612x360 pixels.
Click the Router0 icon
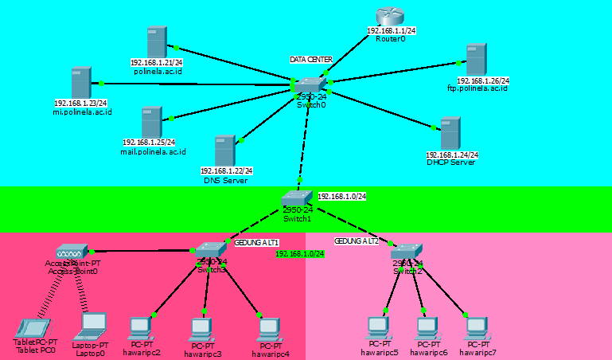coord(390,17)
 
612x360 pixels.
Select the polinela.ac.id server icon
coord(156,41)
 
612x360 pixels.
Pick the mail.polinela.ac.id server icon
coord(151,122)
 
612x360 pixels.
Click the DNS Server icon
coord(224,151)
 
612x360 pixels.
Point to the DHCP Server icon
coord(450,133)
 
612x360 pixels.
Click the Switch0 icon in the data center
coord(310,85)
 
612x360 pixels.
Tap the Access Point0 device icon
coord(72,252)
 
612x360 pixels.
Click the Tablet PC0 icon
coord(34,327)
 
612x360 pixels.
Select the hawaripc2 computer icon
coord(141,327)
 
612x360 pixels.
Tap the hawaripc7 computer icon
coord(476,327)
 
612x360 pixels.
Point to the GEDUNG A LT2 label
coord(357,240)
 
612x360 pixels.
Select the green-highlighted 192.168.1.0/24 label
coord(300,253)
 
